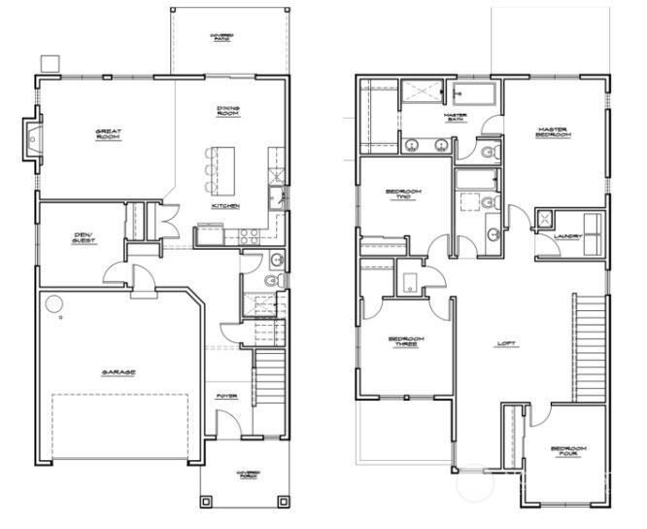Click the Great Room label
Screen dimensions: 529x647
(x=107, y=134)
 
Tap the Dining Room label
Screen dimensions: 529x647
(x=229, y=111)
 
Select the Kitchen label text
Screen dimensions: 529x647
(x=225, y=206)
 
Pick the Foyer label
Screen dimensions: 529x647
(x=226, y=396)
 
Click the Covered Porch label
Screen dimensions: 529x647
(x=249, y=475)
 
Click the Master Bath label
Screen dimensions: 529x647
(x=456, y=117)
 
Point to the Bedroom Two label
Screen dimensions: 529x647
(x=402, y=194)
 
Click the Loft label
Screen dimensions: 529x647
(x=505, y=342)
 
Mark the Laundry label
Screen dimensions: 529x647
(x=567, y=236)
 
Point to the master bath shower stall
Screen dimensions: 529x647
(x=421, y=95)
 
